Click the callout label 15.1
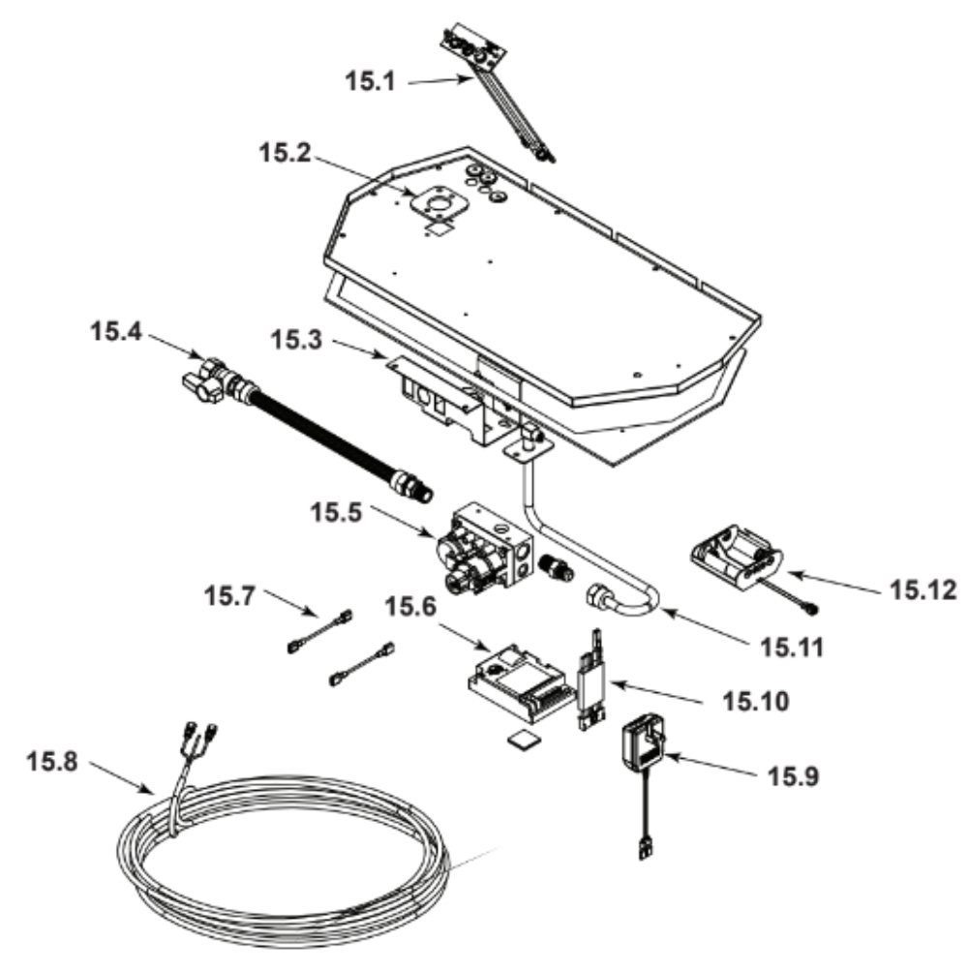pos(370,81)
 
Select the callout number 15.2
pos(285,153)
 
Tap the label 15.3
pos(296,340)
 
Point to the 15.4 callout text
pos(116,331)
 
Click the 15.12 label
pos(923,590)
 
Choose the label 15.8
pos(52,761)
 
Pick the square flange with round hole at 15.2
pos(439,205)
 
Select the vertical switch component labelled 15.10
pos(590,681)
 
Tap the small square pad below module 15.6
pos(524,740)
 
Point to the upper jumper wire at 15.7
pos(319,631)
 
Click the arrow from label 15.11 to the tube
pos(707,626)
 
